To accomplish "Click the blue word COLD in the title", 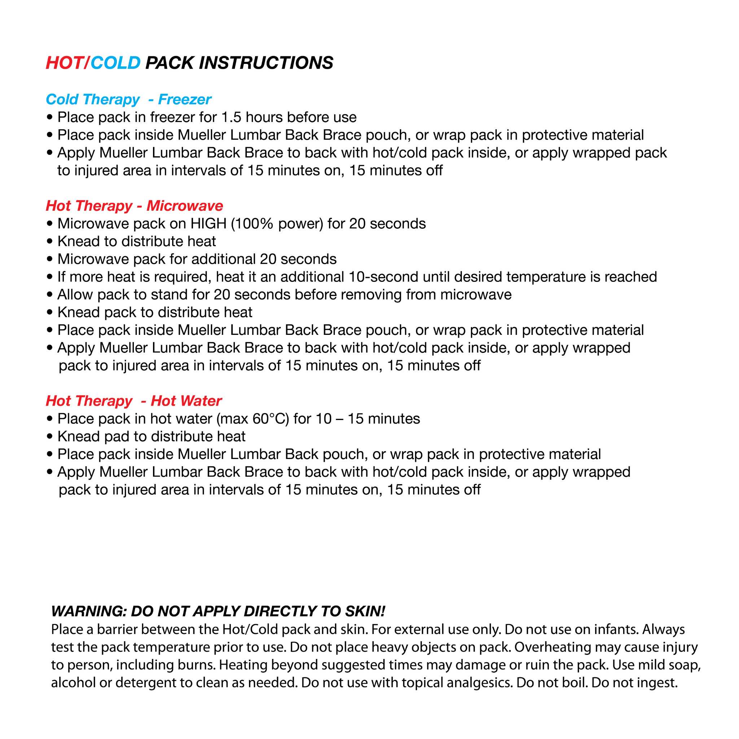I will click(115, 63).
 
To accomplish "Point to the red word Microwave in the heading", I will click(184, 206).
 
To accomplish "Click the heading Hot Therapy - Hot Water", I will click(134, 401).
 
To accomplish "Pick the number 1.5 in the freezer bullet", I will click(231, 117).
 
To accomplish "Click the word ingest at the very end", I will click(656, 683).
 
